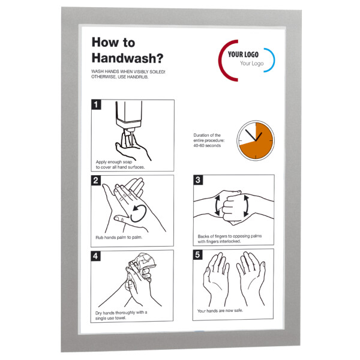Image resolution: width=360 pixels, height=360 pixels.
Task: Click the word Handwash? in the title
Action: [x=127, y=58]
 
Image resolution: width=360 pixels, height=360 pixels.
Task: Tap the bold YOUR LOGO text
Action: [x=243, y=55]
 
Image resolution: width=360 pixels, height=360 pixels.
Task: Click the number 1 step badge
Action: [x=96, y=104]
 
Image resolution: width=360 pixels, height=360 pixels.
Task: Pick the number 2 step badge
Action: [x=96, y=180]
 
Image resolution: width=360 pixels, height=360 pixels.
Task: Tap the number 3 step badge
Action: [x=198, y=180]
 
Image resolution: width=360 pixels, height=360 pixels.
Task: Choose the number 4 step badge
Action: [x=95, y=256]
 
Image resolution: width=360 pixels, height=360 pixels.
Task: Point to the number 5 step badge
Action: [x=197, y=254]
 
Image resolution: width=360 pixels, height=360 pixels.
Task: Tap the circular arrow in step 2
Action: [x=139, y=213]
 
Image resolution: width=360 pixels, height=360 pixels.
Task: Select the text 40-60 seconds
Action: [x=207, y=146]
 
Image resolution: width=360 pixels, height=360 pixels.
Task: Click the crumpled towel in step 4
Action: [x=140, y=269]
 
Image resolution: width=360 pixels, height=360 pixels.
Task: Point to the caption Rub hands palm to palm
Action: [x=119, y=238]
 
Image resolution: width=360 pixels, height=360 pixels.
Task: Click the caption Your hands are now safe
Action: [x=220, y=311]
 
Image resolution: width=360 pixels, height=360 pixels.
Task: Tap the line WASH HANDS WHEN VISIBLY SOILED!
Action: [x=128, y=71]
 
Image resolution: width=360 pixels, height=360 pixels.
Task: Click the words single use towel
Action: [x=110, y=318]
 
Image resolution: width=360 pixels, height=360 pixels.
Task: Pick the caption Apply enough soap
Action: [x=114, y=162]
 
